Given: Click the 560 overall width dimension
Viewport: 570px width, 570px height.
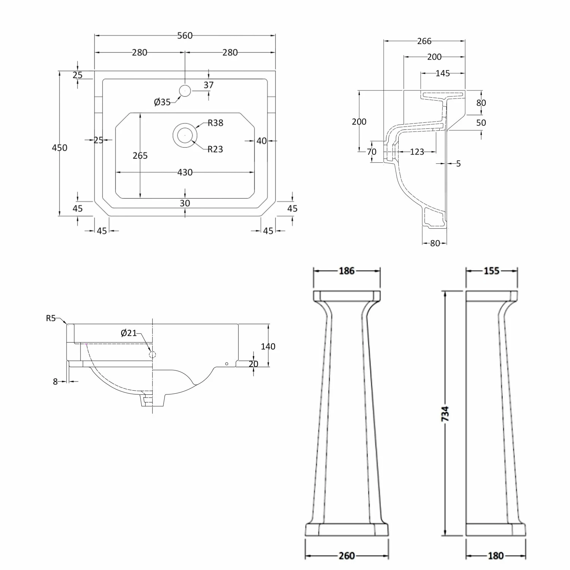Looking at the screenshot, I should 185,36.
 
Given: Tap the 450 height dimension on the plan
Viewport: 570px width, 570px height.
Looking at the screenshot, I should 60,147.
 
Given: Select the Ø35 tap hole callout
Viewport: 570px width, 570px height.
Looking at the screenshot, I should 162,102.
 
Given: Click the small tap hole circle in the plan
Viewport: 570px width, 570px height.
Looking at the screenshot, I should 185,91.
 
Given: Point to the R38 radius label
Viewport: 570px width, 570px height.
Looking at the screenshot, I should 215,123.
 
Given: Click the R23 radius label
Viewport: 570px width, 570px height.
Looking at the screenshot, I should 215,149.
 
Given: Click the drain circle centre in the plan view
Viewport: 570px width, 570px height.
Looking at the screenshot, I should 185,135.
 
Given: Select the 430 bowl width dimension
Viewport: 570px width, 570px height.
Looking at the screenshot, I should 185,173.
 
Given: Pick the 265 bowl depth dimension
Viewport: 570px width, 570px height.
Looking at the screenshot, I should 140,155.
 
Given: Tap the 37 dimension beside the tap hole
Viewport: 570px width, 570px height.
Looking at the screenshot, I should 209,85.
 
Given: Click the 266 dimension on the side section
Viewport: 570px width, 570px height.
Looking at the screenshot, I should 424,41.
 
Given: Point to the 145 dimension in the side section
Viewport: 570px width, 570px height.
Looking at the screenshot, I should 443,73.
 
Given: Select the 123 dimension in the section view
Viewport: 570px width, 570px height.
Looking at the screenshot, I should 417,152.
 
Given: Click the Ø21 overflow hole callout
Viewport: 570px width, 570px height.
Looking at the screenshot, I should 128,333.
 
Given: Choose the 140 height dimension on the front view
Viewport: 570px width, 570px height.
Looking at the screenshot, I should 268,346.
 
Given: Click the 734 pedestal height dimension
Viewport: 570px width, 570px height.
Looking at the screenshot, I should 446,413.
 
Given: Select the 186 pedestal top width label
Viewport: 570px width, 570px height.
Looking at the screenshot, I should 347,271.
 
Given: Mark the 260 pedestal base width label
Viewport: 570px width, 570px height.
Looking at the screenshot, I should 347,556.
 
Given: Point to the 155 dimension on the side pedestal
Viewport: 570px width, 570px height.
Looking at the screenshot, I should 491,271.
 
